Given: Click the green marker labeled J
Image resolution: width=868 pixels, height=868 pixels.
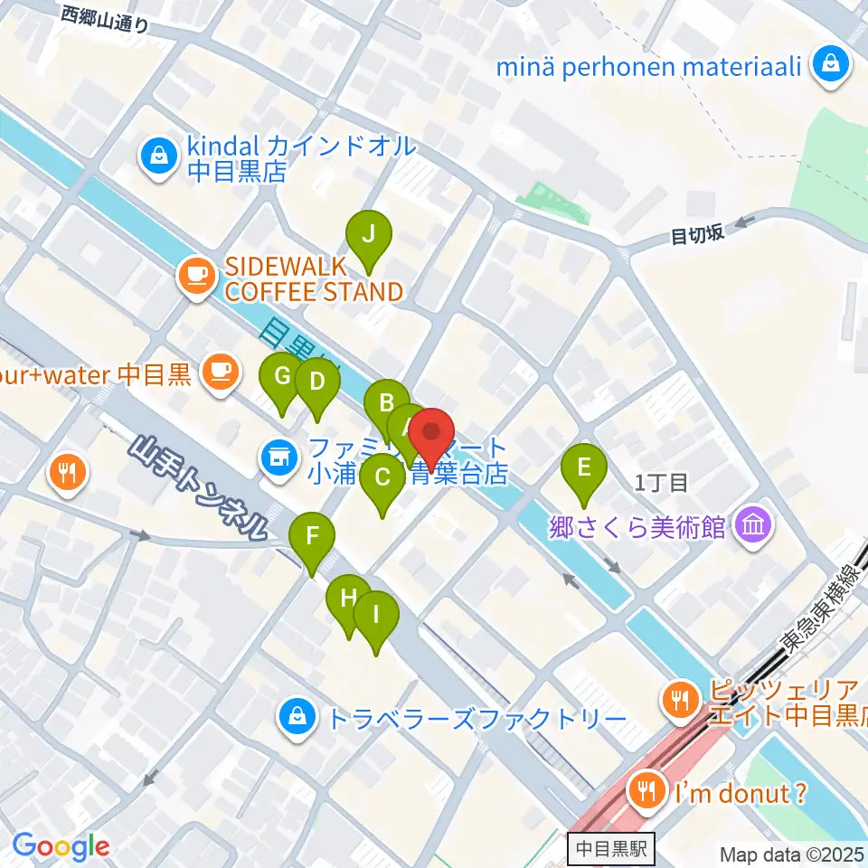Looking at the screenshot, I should pyautogui.click(x=369, y=234).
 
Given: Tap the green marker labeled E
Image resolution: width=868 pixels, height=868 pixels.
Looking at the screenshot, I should pyautogui.click(x=584, y=467).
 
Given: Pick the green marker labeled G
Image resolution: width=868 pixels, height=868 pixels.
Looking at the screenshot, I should pyautogui.click(x=282, y=376).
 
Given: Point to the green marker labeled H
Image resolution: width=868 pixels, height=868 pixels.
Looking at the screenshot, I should pyautogui.click(x=348, y=599).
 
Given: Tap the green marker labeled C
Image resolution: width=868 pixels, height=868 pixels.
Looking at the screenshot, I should pyautogui.click(x=382, y=477).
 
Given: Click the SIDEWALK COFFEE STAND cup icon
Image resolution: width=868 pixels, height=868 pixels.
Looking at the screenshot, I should pyautogui.click(x=196, y=274).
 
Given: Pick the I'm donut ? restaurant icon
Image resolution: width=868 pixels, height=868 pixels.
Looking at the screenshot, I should pyautogui.click(x=646, y=790).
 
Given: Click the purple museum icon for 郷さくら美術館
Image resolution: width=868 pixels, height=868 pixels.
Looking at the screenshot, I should pyautogui.click(x=752, y=524).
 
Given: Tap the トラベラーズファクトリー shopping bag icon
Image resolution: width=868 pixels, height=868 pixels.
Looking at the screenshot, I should pyautogui.click(x=296, y=717).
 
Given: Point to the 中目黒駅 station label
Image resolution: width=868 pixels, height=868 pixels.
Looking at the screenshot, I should pyautogui.click(x=612, y=850).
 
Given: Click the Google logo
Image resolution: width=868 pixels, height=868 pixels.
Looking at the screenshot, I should pyautogui.click(x=61, y=847).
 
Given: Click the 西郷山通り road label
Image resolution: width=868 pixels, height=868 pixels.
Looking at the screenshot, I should pyautogui.click(x=106, y=19).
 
